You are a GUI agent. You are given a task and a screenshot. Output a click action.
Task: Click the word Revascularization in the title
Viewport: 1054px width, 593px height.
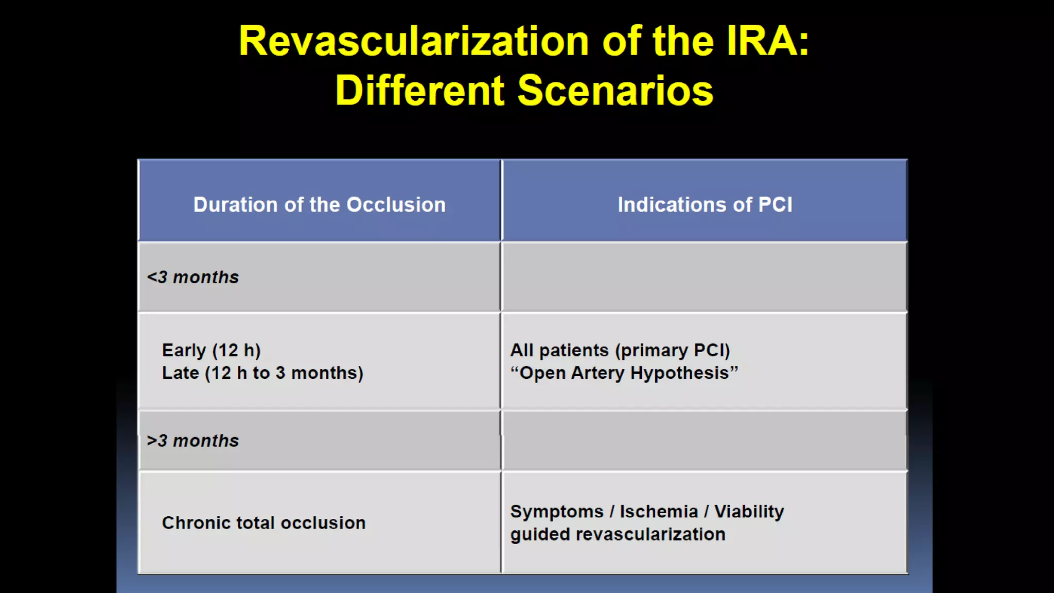(x=414, y=41)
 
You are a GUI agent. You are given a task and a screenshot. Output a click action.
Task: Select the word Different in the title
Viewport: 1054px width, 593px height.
(x=419, y=91)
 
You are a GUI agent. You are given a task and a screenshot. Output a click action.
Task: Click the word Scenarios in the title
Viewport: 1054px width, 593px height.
(x=615, y=91)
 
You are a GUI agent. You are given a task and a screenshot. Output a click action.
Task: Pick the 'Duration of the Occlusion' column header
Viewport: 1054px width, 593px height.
(x=319, y=205)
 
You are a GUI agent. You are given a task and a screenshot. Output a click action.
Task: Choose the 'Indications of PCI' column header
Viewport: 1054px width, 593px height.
(x=705, y=205)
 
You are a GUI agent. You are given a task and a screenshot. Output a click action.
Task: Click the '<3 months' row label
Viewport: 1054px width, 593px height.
(x=193, y=277)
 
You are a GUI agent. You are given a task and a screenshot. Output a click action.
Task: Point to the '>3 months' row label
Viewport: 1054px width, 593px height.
(x=193, y=441)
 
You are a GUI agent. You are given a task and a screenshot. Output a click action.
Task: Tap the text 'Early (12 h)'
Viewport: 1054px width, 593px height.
(x=211, y=351)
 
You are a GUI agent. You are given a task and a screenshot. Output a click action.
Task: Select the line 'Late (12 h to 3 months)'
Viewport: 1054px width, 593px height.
(x=262, y=373)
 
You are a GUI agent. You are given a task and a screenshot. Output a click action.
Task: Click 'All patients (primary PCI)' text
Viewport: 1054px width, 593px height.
(x=620, y=351)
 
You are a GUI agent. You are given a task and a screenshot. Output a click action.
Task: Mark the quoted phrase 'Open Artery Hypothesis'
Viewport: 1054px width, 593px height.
(x=624, y=373)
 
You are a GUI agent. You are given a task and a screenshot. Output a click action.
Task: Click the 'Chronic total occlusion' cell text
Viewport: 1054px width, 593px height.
(x=263, y=523)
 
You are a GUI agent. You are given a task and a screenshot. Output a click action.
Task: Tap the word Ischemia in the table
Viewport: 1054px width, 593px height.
(x=659, y=512)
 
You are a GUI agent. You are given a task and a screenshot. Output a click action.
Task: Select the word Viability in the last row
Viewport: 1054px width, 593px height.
(x=749, y=512)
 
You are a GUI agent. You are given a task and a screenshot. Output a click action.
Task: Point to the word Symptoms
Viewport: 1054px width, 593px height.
(x=556, y=512)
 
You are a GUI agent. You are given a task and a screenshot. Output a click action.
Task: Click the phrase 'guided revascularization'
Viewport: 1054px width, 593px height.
(x=618, y=534)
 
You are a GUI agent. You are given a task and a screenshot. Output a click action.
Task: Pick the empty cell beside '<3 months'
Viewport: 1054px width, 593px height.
(x=705, y=277)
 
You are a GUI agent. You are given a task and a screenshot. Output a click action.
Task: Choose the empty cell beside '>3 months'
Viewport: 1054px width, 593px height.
(x=705, y=441)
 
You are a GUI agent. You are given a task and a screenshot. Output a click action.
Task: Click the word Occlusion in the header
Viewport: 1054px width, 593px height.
(x=396, y=205)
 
